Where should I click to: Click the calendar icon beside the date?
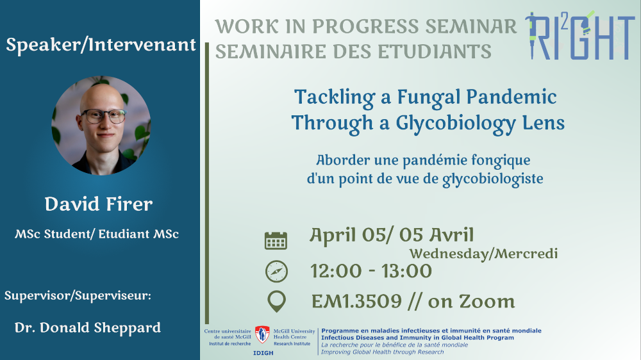(x=276, y=240)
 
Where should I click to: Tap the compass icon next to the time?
(x=276, y=272)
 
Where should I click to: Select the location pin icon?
(x=276, y=302)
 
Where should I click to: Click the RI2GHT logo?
(x=580, y=35)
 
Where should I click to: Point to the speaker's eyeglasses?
(x=104, y=117)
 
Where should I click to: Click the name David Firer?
(x=99, y=204)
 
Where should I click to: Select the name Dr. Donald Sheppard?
(x=87, y=328)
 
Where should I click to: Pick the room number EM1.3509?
(x=356, y=302)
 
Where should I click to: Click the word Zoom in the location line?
(x=487, y=302)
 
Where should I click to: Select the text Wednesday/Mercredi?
(x=483, y=254)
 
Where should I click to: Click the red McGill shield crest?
(x=262, y=334)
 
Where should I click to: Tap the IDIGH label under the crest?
(x=263, y=353)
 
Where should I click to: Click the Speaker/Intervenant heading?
(x=101, y=45)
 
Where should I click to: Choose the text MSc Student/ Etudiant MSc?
(x=97, y=234)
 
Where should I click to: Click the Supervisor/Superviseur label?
(x=78, y=295)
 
